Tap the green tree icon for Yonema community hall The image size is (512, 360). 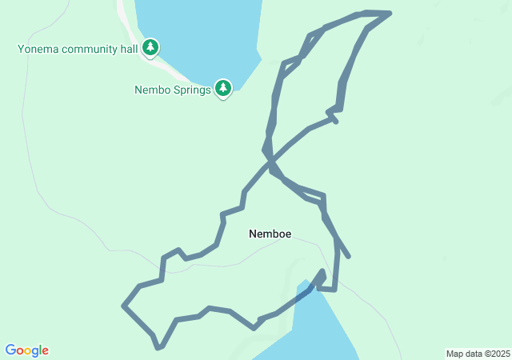coord(150,48)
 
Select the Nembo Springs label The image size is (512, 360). coord(172,90)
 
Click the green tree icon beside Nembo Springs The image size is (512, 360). coord(223,88)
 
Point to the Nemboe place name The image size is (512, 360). coord(270,234)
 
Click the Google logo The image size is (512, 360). coord(26,350)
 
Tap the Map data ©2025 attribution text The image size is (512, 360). coord(478,354)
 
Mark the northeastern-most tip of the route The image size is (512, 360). coord(390,13)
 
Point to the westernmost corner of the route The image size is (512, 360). coord(123,305)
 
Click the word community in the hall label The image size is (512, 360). coord(93,49)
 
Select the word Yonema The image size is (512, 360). coord(38,49)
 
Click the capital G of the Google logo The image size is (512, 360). coord(11,350)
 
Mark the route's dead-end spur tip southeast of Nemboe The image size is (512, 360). coord(348,256)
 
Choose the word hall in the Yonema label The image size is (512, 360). coord(130,49)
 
